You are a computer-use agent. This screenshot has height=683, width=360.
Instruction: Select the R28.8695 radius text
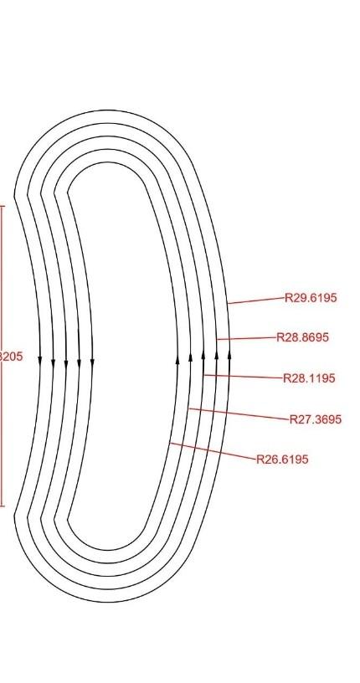[302, 337]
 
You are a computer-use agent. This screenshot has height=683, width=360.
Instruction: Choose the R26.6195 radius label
[283, 460]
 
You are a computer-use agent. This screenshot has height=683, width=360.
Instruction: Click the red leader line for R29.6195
[255, 300]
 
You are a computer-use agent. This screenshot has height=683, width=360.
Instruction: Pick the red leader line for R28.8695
[246, 338]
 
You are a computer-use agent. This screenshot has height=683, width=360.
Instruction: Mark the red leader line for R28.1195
[243, 377]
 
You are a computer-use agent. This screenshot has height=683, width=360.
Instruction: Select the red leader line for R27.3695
[239, 414]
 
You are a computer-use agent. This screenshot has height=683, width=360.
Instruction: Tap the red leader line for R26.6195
[213, 451]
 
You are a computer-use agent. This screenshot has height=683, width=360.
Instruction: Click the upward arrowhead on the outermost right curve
[229, 352]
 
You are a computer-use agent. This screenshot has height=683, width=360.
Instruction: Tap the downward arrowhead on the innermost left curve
[92, 362]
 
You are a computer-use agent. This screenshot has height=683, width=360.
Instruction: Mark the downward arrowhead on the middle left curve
[66, 362]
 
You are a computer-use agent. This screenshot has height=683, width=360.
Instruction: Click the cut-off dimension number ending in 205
[11, 357]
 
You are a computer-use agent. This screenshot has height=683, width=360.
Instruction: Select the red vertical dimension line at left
[2, 276]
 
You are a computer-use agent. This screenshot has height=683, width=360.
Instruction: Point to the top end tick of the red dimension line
[3, 205]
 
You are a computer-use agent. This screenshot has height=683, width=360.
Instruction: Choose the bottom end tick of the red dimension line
[3, 506]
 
